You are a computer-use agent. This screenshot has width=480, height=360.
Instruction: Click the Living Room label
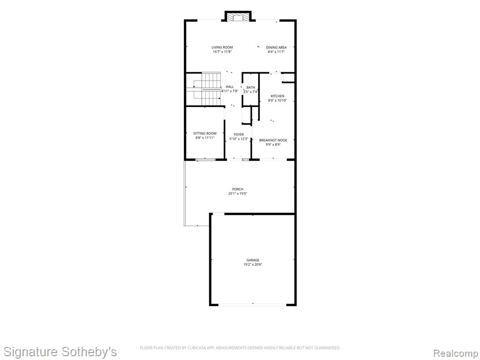pos(222,47)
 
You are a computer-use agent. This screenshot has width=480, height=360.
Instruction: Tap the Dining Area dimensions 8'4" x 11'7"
pos(276,52)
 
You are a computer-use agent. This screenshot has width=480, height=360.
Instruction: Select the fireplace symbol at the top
pos(238,17)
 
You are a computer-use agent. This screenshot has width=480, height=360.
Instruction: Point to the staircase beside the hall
pos(207,89)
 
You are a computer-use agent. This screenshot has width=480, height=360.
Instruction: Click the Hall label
pos(230,87)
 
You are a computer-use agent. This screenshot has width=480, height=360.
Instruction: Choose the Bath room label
pos(251,88)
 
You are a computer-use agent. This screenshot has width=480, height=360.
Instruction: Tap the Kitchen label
pos(277,96)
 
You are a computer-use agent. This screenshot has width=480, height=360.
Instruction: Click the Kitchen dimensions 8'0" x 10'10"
pos(277,100)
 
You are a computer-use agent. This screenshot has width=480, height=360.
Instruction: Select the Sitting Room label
pos(205,134)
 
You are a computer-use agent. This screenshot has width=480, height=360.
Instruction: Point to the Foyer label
pos(239,135)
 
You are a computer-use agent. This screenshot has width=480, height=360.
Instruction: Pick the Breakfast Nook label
pos(273,140)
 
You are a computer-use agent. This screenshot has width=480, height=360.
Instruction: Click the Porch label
pos(238,189)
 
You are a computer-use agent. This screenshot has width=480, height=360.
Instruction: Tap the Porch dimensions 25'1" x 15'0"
pos(238,194)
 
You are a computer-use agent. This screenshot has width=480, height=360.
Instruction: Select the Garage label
pos(253,260)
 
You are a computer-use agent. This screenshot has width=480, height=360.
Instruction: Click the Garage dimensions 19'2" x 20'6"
pos(253,264)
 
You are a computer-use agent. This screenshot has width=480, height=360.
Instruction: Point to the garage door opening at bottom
pos(253,305)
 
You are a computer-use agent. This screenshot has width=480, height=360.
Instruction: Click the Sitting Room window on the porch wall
pos(205,159)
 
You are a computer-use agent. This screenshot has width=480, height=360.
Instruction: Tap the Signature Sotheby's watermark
pos(60,352)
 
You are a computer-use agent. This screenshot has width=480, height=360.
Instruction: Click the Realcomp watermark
pos(456,353)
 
